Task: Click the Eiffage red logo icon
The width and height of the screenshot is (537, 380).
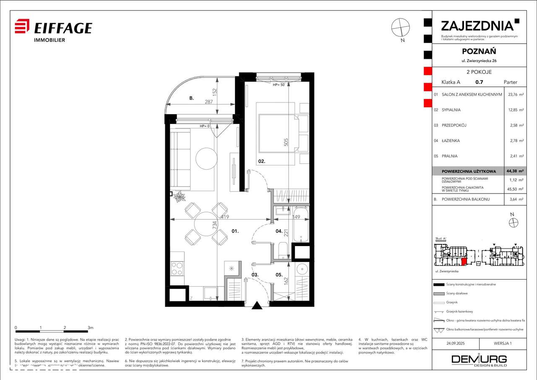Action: (x=22, y=26)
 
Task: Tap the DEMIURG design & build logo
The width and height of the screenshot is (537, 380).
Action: (x=479, y=360)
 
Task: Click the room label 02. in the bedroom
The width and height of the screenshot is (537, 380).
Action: (x=262, y=161)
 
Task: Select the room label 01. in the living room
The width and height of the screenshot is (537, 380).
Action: (x=235, y=231)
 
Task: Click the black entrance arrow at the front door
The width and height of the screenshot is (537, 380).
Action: (x=257, y=305)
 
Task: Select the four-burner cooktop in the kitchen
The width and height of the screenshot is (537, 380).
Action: (x=177, y=268)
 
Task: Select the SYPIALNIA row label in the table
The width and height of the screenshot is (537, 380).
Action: (x=451, y=110)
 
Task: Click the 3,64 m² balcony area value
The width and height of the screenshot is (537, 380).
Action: (x=515, y=199)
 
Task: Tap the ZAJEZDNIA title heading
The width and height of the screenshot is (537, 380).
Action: (x=477, y=26)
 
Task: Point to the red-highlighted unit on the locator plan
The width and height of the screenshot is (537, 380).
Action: (x=464, y=262)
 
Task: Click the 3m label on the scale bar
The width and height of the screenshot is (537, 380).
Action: (x=90, y=327)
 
